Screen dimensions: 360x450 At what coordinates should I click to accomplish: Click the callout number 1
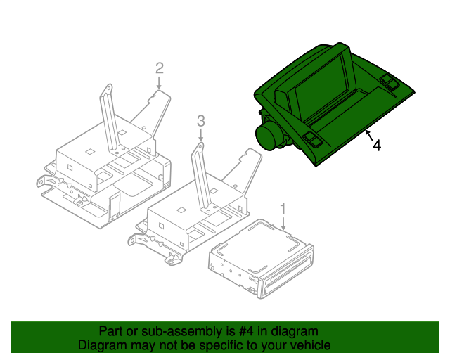click(283, 209)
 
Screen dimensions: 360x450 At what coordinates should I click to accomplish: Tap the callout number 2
click(160, 67)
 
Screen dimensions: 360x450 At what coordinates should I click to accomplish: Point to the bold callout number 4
click(377, 146)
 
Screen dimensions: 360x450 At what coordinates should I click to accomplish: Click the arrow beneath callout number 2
click(160, 83)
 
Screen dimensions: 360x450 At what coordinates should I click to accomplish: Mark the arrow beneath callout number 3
click(200, 135)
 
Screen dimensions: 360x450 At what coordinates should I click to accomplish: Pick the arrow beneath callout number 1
click(283, 224)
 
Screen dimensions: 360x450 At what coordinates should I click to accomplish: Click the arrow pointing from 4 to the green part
click(368, 134)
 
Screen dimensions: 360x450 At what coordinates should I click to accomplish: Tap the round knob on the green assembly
click(268, 136)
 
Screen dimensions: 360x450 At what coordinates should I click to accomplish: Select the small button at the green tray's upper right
click(389, 81)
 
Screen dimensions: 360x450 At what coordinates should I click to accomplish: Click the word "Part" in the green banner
click(112, 331)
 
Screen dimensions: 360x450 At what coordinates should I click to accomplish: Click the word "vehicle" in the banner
click(309, 345)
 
